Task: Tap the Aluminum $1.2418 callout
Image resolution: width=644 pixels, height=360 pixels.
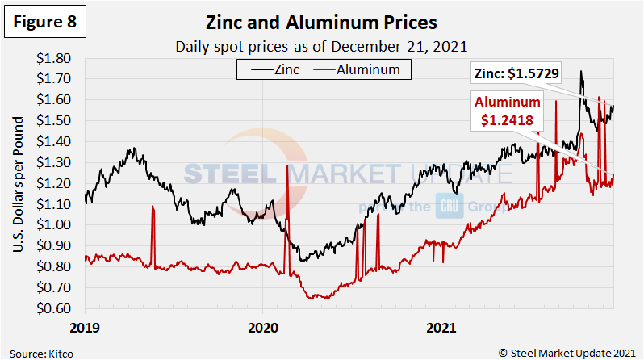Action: [508, 111]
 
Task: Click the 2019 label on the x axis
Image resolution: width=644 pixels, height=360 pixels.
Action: [85, 329]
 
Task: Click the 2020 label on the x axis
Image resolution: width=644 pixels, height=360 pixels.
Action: [263, 329]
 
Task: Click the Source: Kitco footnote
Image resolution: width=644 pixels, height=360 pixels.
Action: [39, 351]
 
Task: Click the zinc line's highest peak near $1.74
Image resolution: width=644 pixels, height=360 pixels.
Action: [581, 72]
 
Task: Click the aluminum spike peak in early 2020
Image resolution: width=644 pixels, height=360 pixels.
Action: [287, 166]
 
